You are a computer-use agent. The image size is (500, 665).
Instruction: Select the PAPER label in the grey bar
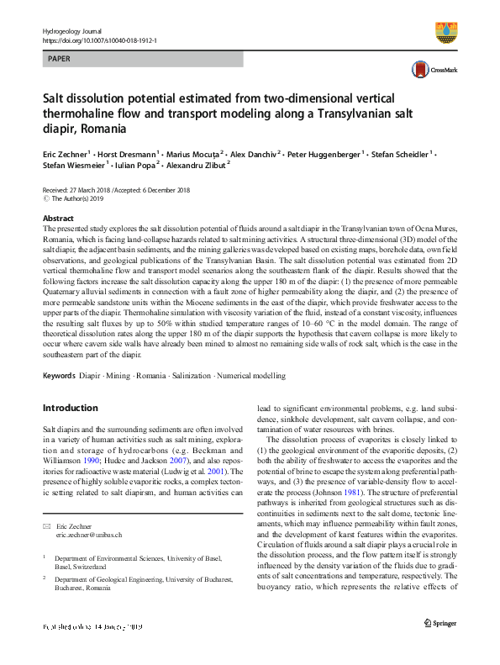60,61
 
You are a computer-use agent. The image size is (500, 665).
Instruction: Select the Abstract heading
59,218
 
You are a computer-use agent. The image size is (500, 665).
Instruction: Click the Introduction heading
71,408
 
